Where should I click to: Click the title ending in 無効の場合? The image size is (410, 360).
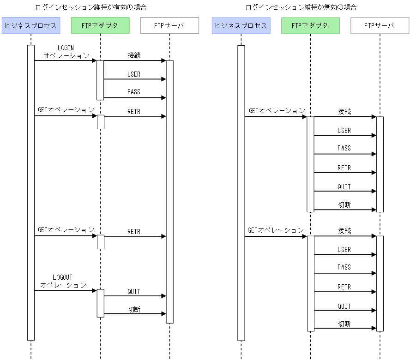pyautogui.click(x=301, y=7)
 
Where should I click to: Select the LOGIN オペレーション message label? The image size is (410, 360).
pyautogui.click(x=66, y=52)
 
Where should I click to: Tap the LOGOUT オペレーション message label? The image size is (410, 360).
pyautogui.click(x=63, y=281)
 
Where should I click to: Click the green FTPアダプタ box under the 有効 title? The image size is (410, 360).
pyautogui.click(x=100, y=25)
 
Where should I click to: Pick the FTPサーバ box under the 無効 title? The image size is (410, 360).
pyautogui.click(x=380, y=25)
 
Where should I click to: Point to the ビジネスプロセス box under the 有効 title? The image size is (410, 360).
pyautogui.click(x=30, y=25)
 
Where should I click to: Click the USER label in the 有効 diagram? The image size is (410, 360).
pyautogui.click(x=134, y=74)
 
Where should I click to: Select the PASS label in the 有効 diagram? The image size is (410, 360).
pyautogui.click(x=134, y=92)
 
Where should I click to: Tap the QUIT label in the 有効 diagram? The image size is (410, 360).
pyautogui.click(x=134, y=292)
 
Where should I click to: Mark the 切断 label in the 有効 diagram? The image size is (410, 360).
pyautogui.click(x=134, y=309)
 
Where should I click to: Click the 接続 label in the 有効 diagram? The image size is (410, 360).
pyautogui.click(x=134, y=55)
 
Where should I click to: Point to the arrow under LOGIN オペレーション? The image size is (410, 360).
pyautogui.click(x=65, y=60)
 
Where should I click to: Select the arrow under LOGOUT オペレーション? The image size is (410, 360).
pyautogui.click(x=65, y=291)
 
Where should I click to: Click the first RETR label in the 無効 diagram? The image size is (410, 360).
pyautogui.click(x=344, y=168)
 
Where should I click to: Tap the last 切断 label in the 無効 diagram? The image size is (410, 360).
pyautogui.click(x=344, y=324)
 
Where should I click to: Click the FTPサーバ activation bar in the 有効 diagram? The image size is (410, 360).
pyautogui.click(x=169, y=192)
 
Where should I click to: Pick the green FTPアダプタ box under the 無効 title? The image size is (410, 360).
pyautogui.click(x=310, y=25)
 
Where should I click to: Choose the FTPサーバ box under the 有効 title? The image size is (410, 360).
pyautogui.click(x=169, y=25)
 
